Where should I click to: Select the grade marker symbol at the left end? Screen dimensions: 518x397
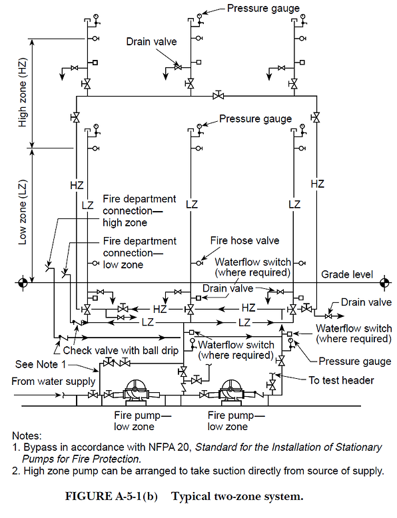(x=22, y=283)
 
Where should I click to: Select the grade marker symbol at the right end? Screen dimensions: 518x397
(x=384, y=283)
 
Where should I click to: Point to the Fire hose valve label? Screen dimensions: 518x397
(x=244, y=240)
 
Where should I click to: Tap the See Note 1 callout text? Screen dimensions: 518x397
(x=41, y=364)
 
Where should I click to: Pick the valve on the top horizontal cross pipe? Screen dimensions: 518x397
(x=218, y=96)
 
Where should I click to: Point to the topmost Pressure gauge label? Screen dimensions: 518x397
(x=263, y=9)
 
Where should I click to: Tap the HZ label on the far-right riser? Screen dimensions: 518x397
(x=318, y=183)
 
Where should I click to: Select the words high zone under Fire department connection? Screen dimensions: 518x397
(x=125, y=222)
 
